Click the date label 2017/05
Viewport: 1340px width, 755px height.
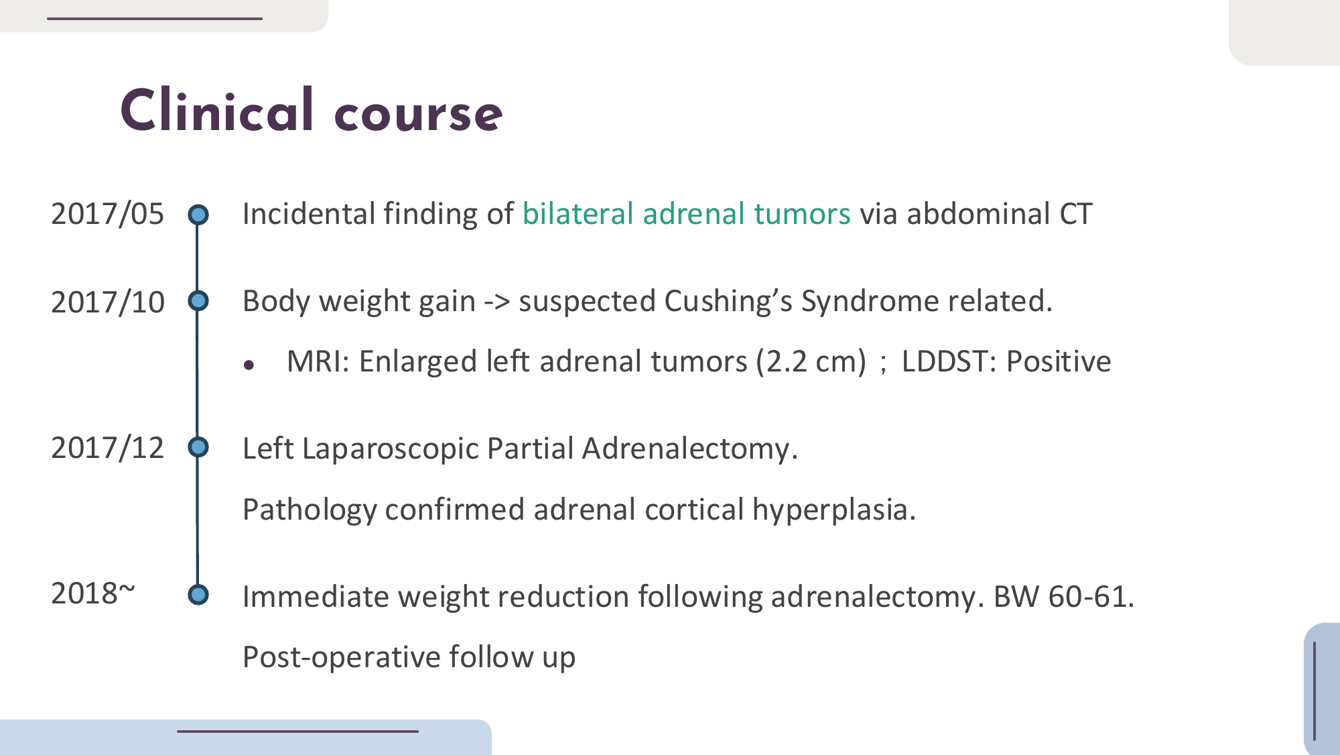point(107,215)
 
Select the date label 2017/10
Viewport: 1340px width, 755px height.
point(107,302)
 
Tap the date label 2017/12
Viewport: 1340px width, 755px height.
point(107,448)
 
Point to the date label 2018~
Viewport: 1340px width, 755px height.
point(93,593)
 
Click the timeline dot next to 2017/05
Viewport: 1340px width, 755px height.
point(198,215)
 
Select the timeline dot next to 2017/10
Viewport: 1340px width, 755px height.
point(198,301)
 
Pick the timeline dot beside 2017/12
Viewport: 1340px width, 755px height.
point(198,447)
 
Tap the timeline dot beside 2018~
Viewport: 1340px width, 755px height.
point(198,595)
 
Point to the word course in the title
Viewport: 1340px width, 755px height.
point(418,114)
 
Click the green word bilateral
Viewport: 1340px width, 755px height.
point(578,214)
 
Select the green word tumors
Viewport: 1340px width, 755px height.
point(802,215)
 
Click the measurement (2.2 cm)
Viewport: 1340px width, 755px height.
point(811,362)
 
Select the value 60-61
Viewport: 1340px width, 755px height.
point(1091,597)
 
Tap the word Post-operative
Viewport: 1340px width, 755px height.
point(341,658)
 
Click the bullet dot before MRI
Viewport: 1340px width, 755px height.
point(249,365)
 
